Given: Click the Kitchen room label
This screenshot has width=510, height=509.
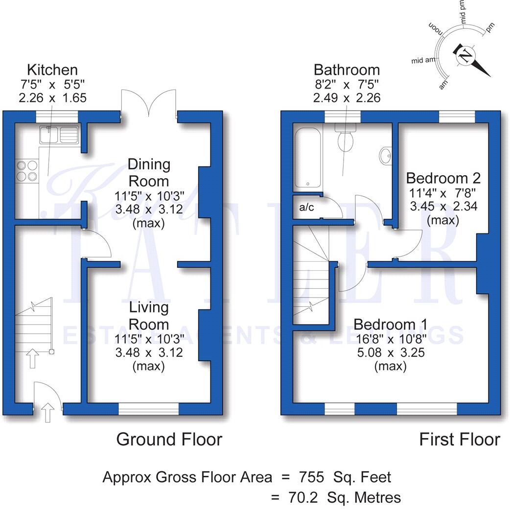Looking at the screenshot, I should click(52, 69).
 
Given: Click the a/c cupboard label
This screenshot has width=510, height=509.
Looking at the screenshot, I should click(306, 208).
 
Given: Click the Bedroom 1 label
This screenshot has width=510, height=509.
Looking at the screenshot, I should click(390, 324).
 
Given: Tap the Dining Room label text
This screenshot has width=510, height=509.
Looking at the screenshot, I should click(149, 172).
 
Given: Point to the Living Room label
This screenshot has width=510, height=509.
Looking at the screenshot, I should click(149, 316).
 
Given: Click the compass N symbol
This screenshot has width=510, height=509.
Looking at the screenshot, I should click(465, 55).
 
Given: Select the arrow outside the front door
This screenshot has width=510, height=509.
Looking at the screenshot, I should click(47, 413).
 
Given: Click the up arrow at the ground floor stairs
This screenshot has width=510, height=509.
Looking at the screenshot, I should click(33, 358).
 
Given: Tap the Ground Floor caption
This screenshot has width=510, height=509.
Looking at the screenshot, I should click(169, 439).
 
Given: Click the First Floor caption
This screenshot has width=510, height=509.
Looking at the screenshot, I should click(460, 439).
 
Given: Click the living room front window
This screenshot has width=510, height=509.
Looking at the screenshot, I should click(149, 409).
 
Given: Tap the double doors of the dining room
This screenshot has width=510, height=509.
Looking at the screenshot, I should click(149, 105).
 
